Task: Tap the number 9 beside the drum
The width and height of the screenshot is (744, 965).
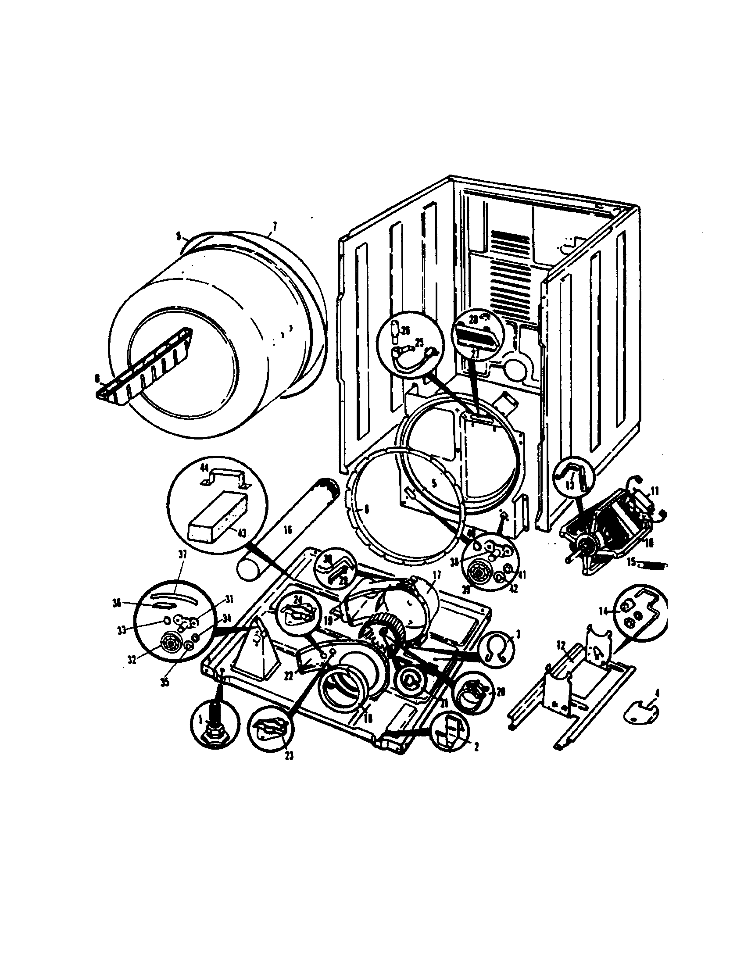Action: pos(179,237)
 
